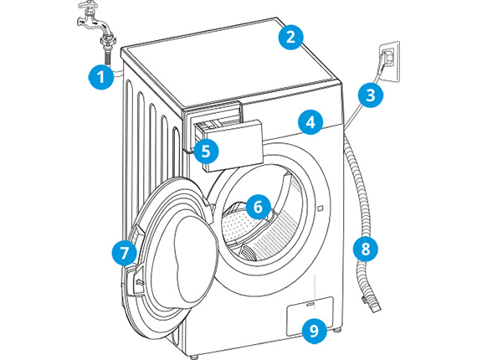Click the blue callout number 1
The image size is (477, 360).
click(x=101, y=77)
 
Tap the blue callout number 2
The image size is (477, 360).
click(x=291, y=37)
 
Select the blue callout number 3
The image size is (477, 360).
click(x=370, y=95)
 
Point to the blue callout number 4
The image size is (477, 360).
click(x=310, y=122)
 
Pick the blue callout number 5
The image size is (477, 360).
click(x=206, y=151)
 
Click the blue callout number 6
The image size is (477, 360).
click(x=258, y=207)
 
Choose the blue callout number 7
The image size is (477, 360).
click(x=124, y=253)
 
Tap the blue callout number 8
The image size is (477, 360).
click(x=366, y=249)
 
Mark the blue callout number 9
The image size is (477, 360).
click(x=315, y=331)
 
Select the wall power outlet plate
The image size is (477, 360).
click(x=389, y=62)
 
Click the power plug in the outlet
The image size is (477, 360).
click(x=387, y=58)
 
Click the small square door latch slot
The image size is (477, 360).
click(x=320, y=208)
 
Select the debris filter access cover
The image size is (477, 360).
click(x=310, y=316)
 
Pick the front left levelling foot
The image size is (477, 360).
click(x=193, y=357)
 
